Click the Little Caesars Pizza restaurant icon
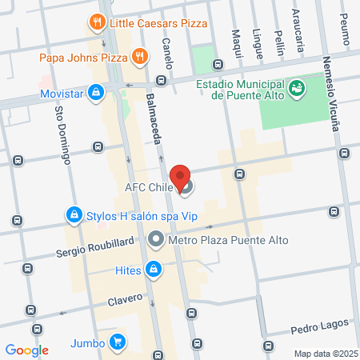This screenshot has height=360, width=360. pos(97,22)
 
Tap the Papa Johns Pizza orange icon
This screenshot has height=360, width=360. pos(140,56)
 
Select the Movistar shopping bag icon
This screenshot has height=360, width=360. pos(96,94)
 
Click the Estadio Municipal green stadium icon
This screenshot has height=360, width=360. pos(297,86)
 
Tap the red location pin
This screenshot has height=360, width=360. pos(181,177)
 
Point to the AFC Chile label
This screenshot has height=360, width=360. pos(149,189)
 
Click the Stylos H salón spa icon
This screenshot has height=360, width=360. pos(74,214)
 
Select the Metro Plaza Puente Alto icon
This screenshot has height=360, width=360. pos(156,239)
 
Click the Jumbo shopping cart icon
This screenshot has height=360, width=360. pos(118,342)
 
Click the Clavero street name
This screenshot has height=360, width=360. pos(122,300)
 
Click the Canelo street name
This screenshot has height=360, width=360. pos(167,53)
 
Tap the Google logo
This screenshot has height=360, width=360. pos(27,350)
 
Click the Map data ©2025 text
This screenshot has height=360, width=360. pos(324,354)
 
